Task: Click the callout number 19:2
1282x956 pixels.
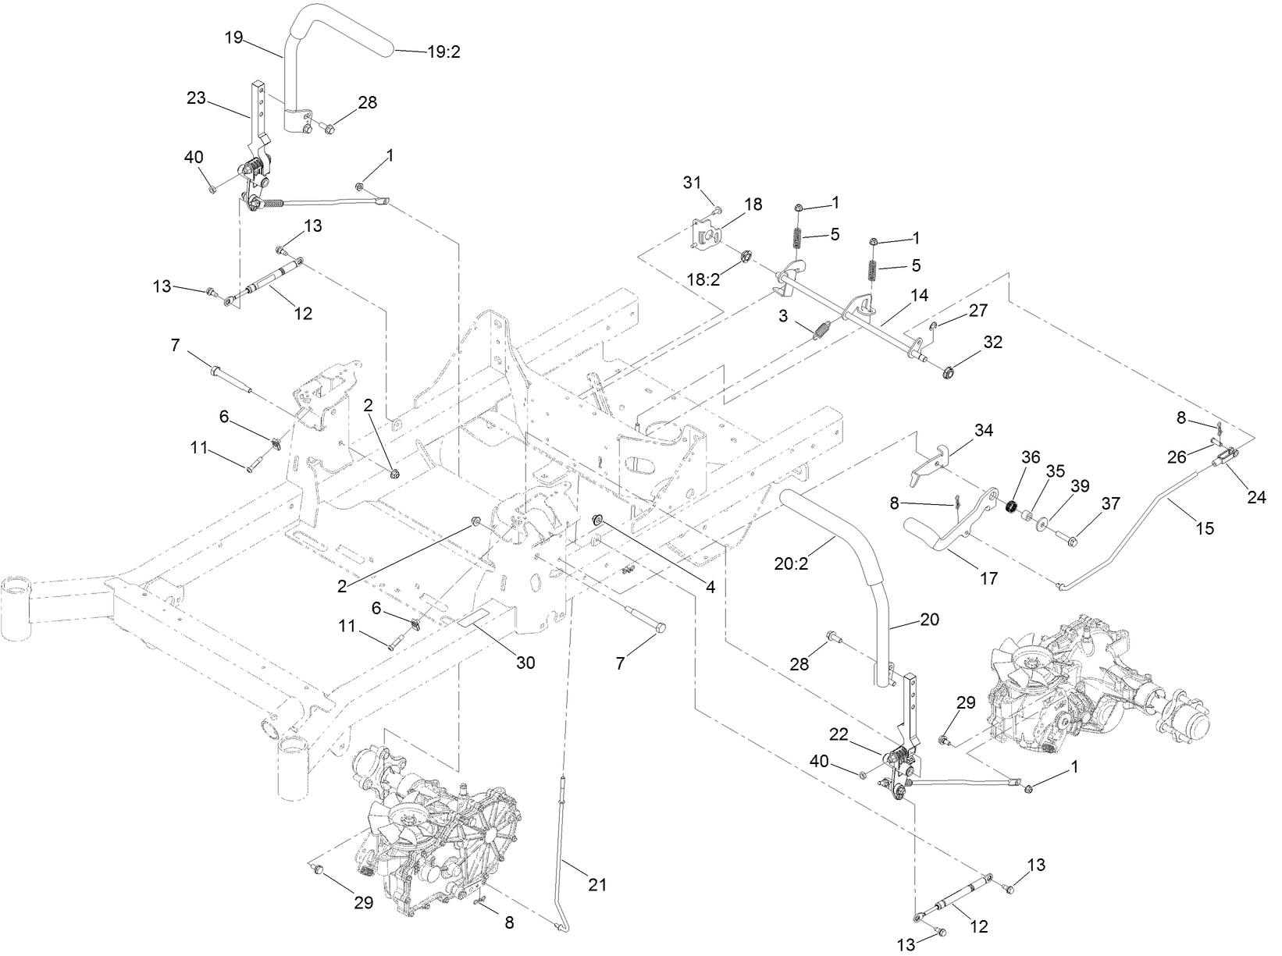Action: pos(444,52)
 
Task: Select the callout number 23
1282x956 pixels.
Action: pos(197,99)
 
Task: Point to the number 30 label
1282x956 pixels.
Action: pos(525,663)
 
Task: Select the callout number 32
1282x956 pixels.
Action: pos(992,342)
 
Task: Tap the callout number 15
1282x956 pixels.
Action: pos(1204,528)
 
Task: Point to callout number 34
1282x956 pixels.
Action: pos(983,430)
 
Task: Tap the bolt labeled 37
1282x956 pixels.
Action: pos(1068,538)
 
